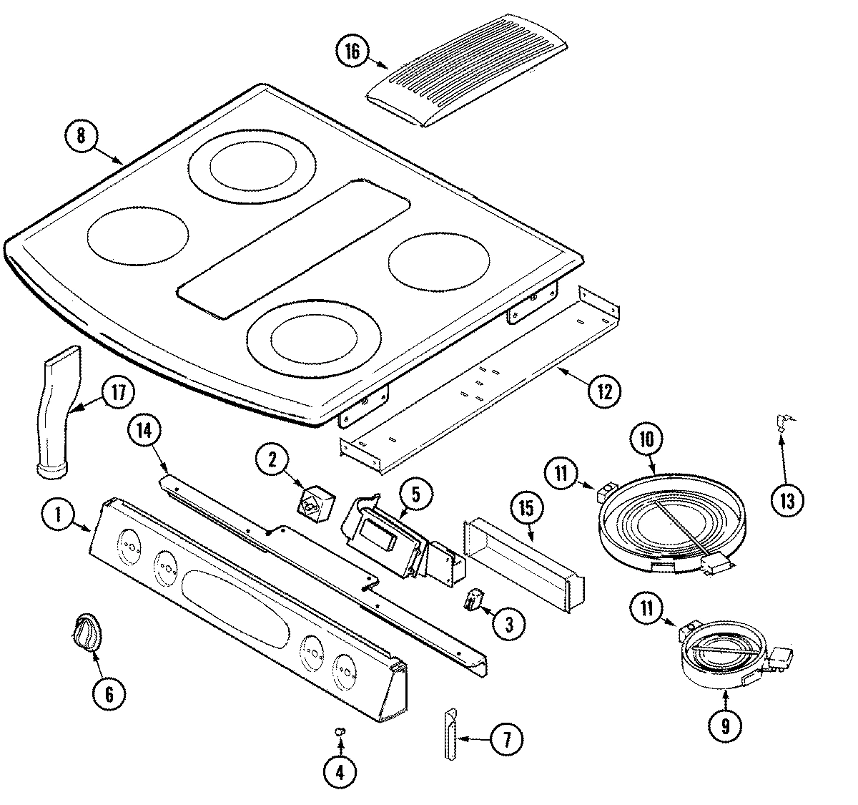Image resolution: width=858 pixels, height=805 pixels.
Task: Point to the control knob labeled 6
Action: pos(87,633)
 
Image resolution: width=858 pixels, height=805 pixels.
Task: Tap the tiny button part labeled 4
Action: pos(340,731)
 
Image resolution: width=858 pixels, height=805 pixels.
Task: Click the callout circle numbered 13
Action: pos(786,501)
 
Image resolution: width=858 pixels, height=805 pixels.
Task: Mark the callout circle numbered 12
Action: pos(604,391)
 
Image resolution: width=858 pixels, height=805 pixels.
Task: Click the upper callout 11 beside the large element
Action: pos(563,473)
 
